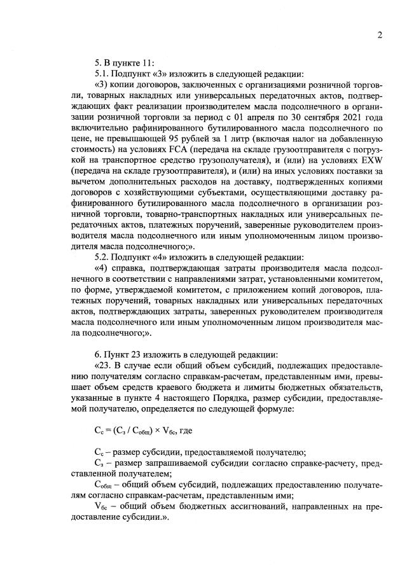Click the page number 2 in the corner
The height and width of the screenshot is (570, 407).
pyautogui.click(x=379, y=35)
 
